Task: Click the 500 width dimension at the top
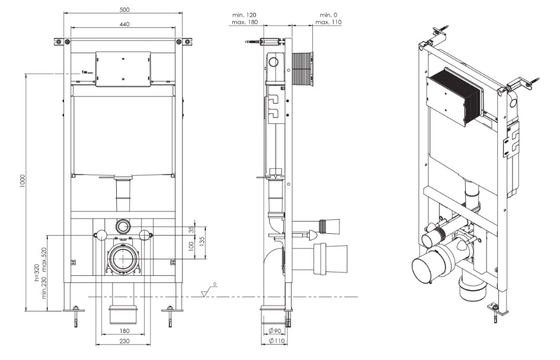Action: point(124,10)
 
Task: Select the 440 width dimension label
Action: point(124,24)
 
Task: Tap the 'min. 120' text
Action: point(240,14)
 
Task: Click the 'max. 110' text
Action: point(328,22)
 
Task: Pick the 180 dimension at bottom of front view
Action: point(123,331)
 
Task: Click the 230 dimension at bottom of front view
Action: point(123,342)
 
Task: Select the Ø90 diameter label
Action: point(275,330)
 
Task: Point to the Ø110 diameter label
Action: point(276,341)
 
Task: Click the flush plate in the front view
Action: point(123,69)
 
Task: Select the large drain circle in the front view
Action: point(123,258)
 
